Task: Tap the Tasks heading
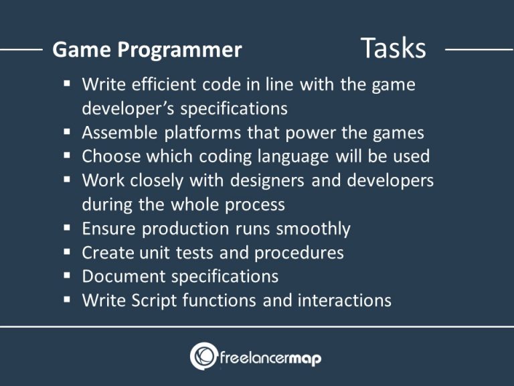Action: coord(393,48)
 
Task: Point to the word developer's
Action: coord(122,109)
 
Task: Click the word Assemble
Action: coord(120,133)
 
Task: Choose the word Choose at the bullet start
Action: coord(110,156)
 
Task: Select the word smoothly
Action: coord(313,229)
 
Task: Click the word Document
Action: coord(124,276)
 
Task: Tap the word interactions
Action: coord(344,300)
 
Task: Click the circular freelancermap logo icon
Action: coord(203,357)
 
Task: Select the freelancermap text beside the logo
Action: coord(270,359)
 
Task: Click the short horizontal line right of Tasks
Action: coord(479,50)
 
